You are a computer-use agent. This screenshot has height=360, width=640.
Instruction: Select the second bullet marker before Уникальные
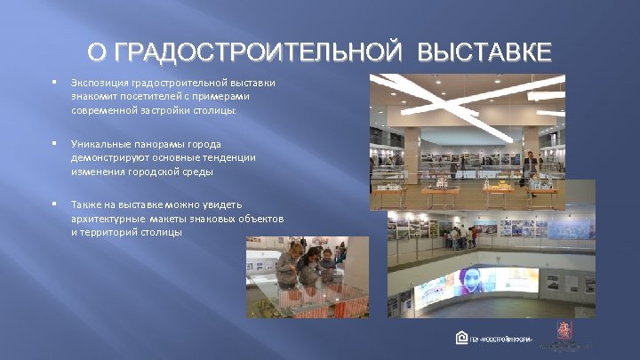click(54, 143)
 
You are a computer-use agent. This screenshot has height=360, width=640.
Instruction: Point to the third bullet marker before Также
click(54, 204)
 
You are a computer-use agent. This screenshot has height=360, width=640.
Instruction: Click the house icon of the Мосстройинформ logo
click(461, 338)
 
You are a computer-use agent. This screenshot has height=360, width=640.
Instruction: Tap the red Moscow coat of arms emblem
click(564, 329)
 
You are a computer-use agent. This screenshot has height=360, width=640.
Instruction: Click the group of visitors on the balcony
click(462, 236)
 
